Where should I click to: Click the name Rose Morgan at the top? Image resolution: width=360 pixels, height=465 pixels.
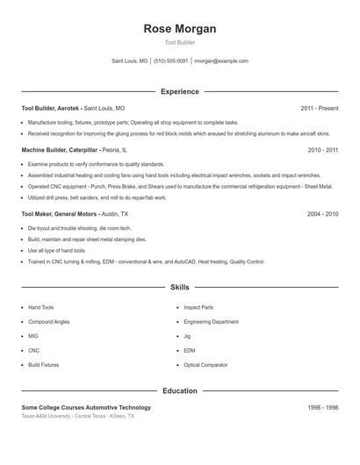click(180, 29)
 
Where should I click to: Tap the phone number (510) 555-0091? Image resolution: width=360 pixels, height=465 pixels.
click(170, 61)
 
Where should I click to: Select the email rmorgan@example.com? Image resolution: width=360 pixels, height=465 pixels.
click(221, 61)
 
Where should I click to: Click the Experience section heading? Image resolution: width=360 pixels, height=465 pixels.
click(180, 91)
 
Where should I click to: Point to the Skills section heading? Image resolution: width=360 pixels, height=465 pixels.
click(180, 287)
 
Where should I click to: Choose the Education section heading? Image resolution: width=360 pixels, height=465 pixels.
click(180, 390)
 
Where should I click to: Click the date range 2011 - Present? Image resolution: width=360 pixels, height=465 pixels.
click(319, 108)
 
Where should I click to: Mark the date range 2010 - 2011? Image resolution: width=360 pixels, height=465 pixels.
click(322, 150)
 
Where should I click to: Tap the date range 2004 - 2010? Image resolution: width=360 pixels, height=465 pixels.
click(322, 213)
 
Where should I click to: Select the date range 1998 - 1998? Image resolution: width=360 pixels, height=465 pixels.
click(322, 407)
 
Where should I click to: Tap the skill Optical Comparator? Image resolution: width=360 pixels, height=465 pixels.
click(205, 364)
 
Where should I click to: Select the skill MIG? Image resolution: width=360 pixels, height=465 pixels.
click(33, 336)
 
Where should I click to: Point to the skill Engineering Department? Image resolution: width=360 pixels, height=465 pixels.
click(211, 322)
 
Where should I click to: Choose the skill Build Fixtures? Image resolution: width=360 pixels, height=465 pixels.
click(43, 364)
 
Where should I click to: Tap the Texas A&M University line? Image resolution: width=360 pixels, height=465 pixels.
click(78, 416)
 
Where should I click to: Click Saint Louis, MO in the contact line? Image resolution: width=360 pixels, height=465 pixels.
click(130, 61)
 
